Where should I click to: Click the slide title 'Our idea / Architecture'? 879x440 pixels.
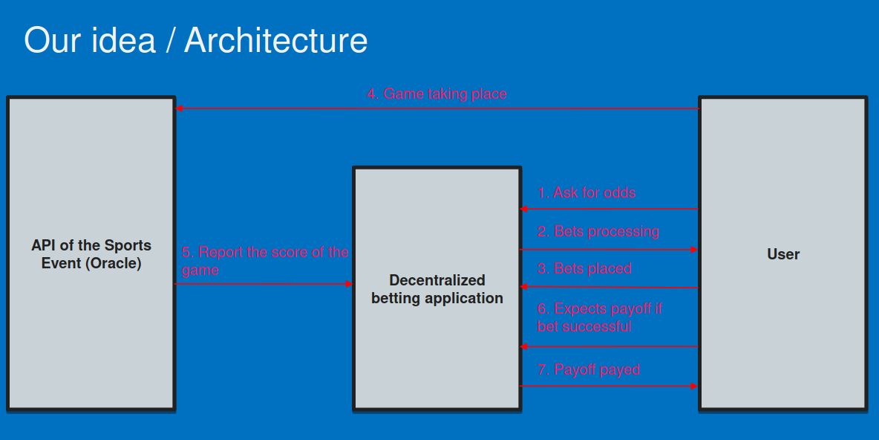pyautogui.click(x=196, y=40)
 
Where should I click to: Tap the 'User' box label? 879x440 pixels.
pyautogui.click(x=783, y=254)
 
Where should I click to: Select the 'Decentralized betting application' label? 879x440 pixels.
pyautogui.click(x=437, y=289)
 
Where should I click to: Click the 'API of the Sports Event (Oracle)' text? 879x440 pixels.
pyautogui.click(x=91, y=254)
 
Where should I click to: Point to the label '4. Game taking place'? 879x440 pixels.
pyautogui.click(x=437, y=94)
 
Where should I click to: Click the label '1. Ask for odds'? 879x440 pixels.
pyautogui.click(x=586, y=193)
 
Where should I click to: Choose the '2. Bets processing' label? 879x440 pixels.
pyautogui.click(x=598, y=231)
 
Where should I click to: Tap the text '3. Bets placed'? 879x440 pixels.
pyautogui.click(x=585, y=269)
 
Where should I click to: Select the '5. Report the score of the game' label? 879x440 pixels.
pyautogui.click(x=265, y=261)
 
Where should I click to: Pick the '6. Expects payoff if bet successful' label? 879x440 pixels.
pyautogui.click(x=600, y=317)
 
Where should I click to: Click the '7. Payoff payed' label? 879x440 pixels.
pyautogui.click(x=589, y=370)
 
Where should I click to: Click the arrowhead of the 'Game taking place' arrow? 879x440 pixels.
pyautogui.click(x=179, y=109)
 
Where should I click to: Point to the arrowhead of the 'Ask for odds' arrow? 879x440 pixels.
pyautogui.click(x=523, y=210)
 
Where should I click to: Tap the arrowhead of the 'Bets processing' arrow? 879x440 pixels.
pyautogui.click(x=695, y=250)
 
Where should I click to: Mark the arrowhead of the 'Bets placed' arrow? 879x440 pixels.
pyautogui.click(x=523, y=287)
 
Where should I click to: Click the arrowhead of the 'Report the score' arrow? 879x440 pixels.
pyautogui.click(x=349, y=284)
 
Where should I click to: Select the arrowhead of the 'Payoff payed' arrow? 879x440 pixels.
pyautogui.click(x=695, y=386)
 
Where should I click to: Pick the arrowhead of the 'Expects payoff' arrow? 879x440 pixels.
pyautogui.click(x=523, y=347)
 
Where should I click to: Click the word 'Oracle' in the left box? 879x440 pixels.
pyautogui.click(x=113, y=263)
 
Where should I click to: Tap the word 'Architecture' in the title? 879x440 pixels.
pyautogui.click(x=276, y=40)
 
